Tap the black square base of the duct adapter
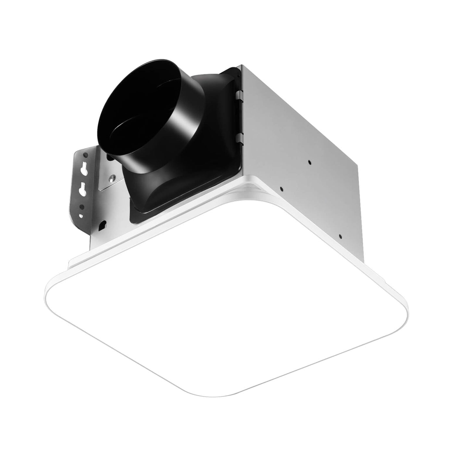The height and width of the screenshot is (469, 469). (x=146, y=191)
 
